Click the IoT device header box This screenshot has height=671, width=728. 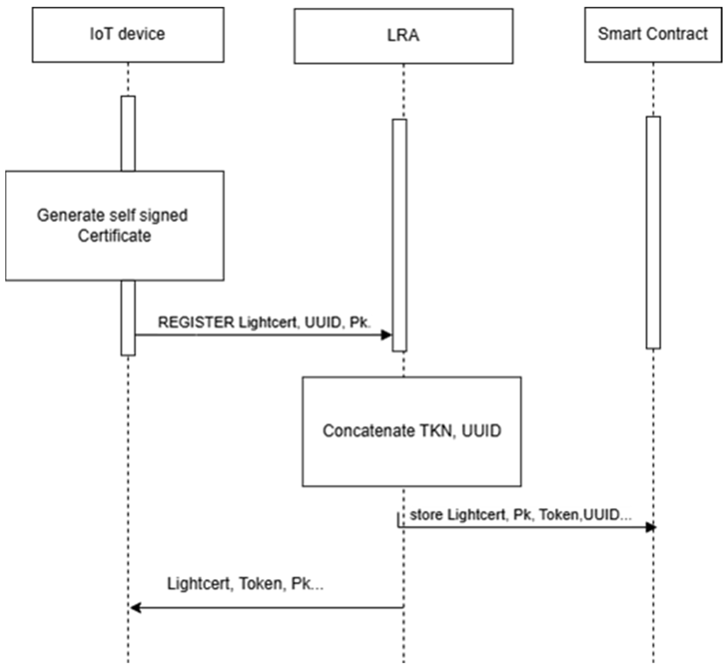click(128, 35)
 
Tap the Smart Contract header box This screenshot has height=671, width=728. click(653, 35)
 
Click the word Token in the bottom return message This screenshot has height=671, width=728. click(260, 584)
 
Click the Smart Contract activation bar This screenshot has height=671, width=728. click(653, 232)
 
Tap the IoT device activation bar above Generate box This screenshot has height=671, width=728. click(128, 133)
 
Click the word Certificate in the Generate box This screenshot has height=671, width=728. click(114, 236)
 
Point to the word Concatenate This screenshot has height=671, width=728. click(368, 431)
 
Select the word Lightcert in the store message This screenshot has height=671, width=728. click(476, 515)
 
